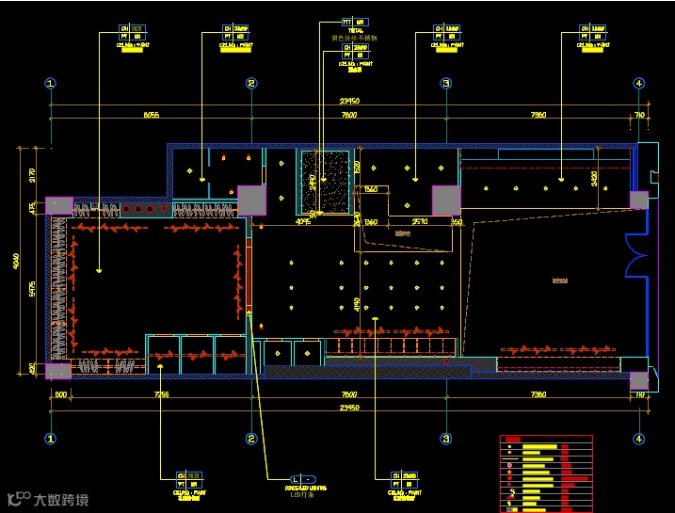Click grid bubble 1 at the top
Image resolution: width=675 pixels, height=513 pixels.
[x=51, y=84]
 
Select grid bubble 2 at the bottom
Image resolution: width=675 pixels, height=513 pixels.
[x=251, y=439]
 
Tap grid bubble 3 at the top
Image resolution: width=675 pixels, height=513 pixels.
[x=446, y=84]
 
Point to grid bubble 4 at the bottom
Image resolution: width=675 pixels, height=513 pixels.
[x=639, y=439]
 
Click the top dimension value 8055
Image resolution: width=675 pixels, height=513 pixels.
[x=151, y=115]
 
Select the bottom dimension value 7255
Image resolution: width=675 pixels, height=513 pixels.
[x=161, y=395]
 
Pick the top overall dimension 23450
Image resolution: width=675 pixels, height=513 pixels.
[x=349, y=101]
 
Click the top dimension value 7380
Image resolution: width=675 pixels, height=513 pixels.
[x=538, y=115]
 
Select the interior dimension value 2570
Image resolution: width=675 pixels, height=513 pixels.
[x=420, y=222]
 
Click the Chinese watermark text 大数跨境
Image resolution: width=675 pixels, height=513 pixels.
[x=61, y=499]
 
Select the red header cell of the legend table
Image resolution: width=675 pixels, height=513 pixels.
[x=513, y=439]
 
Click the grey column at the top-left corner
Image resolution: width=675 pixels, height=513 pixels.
[x=58, y=208]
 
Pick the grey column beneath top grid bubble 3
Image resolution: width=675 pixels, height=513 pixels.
[x=445, y=200]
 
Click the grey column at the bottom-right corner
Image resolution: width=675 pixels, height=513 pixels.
[x=638, y=379]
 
